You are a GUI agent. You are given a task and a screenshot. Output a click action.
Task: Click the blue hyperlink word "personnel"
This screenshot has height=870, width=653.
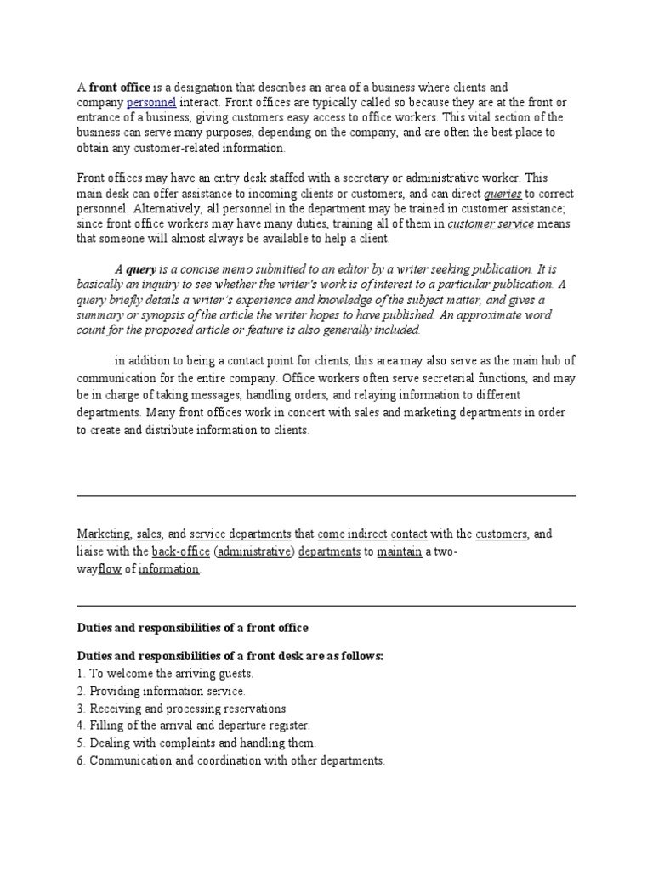click(x=151, y=102)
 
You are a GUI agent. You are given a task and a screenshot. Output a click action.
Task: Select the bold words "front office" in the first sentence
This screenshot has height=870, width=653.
click(x=120, y=87)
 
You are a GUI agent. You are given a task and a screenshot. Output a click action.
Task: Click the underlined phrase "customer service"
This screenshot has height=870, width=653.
click(x=491, y=224)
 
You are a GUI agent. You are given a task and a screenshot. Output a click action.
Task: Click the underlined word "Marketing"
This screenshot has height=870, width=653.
click(x=104, y=534)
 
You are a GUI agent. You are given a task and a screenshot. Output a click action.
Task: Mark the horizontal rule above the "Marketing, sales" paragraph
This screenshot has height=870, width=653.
click(x=326, y=496)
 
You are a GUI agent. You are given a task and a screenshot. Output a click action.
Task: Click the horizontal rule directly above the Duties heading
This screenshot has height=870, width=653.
click(x=326, y=606)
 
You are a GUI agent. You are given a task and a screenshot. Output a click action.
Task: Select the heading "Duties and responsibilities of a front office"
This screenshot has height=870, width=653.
click(x=192, y=628)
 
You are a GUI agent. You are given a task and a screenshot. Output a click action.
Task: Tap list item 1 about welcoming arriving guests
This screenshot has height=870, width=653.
click(x=165, y=673)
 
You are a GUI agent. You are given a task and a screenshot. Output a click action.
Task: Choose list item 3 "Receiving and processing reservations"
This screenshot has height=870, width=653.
click(x=181, y=709)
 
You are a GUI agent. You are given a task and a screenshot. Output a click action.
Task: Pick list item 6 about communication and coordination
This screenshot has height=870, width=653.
click(x=230, y=760)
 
